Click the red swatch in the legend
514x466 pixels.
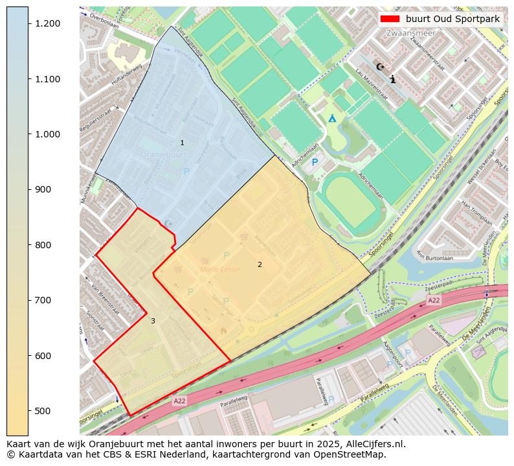(390, 19)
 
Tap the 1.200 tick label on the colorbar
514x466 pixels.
(48, 23)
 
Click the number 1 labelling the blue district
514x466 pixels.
(182, 143)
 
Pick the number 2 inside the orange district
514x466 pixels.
(260, 264)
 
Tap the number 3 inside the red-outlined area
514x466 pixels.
(153, 321)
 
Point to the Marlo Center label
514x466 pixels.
(220, 270)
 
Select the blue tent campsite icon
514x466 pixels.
(332, 118)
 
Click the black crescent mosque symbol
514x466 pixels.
(380, 66)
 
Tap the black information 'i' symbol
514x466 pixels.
(393, 79)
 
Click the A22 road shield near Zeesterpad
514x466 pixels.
(434, 300)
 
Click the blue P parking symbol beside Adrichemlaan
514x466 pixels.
(315, 162)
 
